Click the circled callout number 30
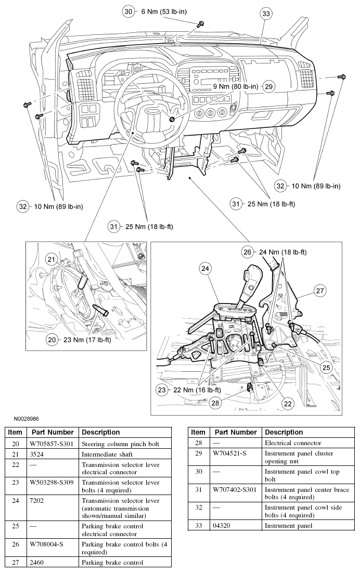pyautogui.click(x=127, y=10)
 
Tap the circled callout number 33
pyautogui.click(x=266, y=14)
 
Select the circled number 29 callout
pyautogui.click(x=268, y=86)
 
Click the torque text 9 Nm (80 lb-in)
pyautogui.click(x=235, y=86)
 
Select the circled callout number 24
pyautogui.click(x=205, y=269)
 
